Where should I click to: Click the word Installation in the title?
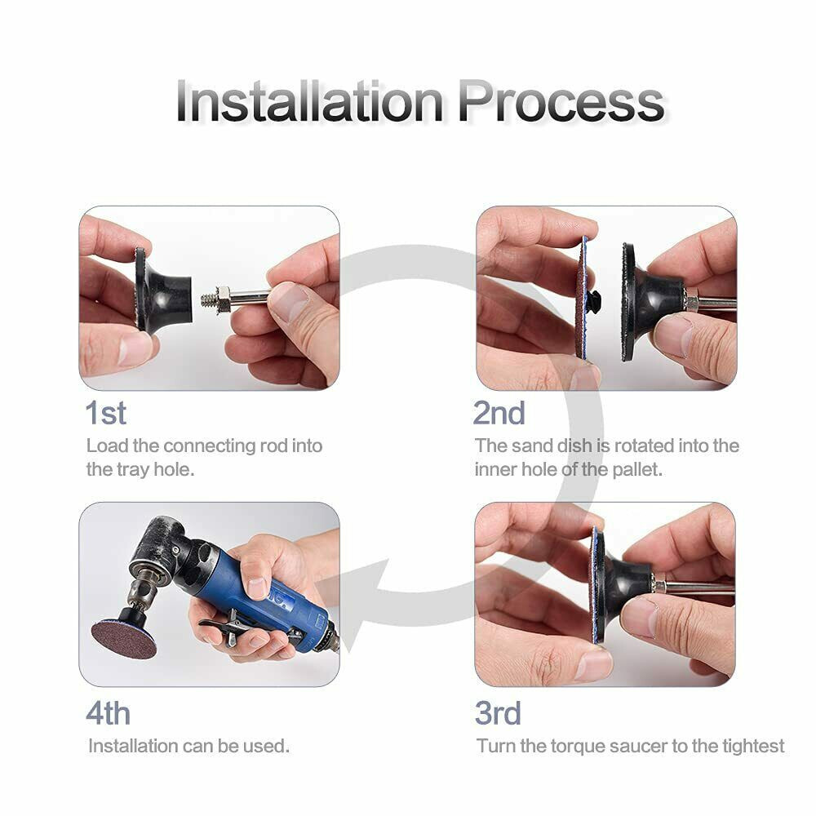(x=309, y=101)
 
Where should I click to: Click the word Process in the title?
(x=561, y=101)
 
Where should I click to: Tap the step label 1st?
(x=105, y=413)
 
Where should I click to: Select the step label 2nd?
(x=499, y=413)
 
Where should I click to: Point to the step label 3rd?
(x=498, y=713)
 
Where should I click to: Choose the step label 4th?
(x=108, y=713)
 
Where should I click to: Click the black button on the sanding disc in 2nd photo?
(x=593, y=300)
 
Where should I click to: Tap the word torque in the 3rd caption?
(x=579, y=747)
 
